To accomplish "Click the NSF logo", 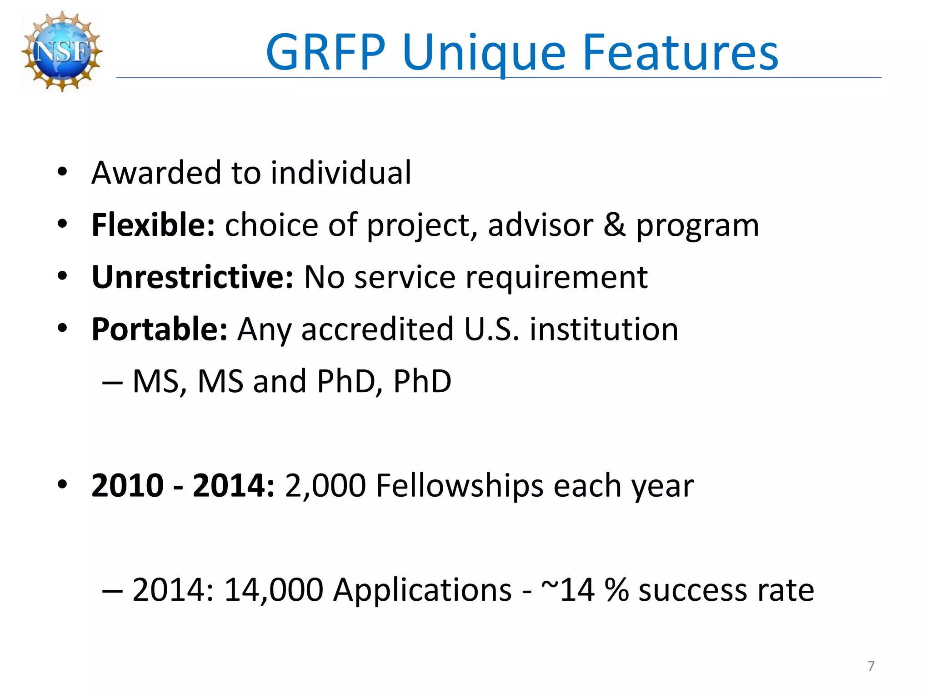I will pos(62,51).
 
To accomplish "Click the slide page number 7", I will pos(871,666).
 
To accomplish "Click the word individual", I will pos(341,173).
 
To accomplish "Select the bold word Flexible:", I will pos(153,225).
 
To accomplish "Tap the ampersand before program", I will pos(614,225).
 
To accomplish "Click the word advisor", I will pos(541,225).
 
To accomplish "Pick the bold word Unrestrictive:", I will pos(192,277).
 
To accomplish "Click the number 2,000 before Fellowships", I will pos(325,486).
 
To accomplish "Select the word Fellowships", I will pos(460,486).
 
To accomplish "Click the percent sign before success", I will pos(616,590).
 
